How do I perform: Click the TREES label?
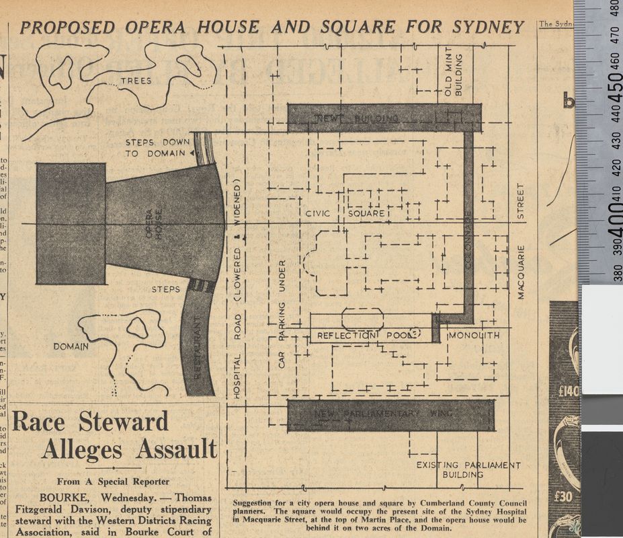click(x=136, y=81)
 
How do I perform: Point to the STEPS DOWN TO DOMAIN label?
click(x=157, y=147)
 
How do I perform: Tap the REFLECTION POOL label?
click(x=364, y=335)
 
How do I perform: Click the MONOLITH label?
click(x=474, y=335)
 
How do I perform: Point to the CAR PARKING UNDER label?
click(x=282, y=313)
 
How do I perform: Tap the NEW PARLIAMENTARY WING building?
click(x=390, y=415)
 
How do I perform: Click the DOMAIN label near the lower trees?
click(x=71, y=346)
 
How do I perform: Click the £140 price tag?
click(x=565, y=390)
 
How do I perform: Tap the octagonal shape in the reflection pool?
click(x=362, y=319)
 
